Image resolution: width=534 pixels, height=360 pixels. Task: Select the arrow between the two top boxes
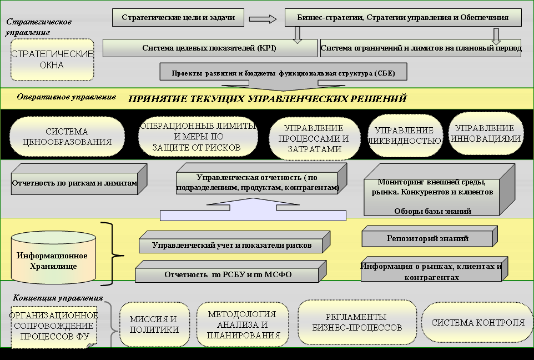pos(263,18)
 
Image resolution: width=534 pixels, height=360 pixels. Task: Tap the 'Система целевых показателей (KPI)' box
pos(209,48)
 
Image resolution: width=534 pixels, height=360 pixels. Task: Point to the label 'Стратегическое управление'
pos(39,27)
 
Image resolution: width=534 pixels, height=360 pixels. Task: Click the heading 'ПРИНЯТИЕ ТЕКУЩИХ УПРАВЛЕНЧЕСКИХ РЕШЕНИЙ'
pos(268,99)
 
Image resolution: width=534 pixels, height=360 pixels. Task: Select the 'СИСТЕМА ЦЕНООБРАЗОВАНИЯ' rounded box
pos(67,137)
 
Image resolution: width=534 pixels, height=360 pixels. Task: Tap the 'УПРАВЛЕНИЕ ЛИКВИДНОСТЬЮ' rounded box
pos(404,136)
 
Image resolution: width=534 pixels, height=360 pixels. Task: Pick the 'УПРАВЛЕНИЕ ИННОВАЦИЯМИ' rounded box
pos(485,133)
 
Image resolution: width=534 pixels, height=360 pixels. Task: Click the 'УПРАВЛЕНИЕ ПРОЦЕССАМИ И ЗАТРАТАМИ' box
pos(314,138)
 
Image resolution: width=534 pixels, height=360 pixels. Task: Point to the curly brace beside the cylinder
pos(114,256)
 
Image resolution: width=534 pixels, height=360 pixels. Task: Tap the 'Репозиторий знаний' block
pos(427,238)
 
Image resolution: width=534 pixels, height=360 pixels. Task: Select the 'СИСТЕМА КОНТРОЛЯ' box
pos(477,323)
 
